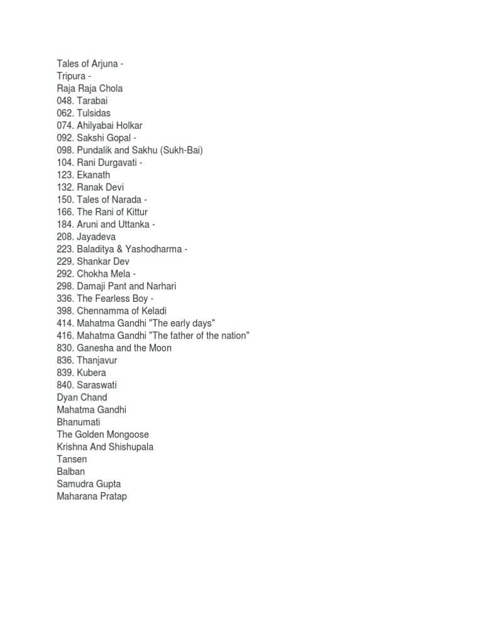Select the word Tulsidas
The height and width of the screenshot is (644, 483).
pos(94,113)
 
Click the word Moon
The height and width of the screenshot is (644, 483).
pos(159,348)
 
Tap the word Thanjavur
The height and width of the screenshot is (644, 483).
pos(97,360)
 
